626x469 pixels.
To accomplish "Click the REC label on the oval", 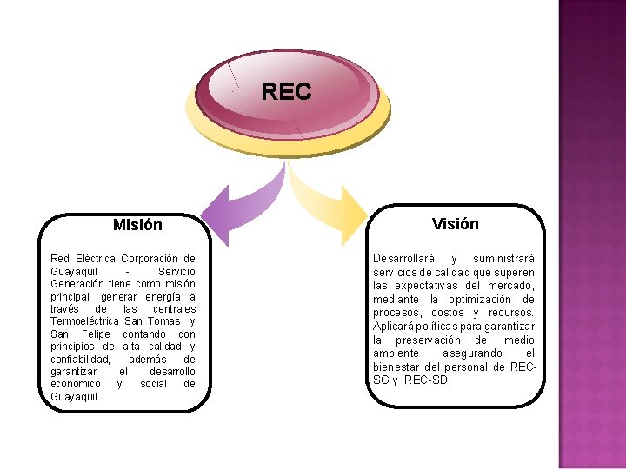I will [x=286, y=91].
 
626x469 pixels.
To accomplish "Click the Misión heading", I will [x=137, y=225].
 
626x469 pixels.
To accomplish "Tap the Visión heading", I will [x=455, y=224].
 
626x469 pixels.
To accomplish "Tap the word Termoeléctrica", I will [x=90, y=321].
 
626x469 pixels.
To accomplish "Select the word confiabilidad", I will [x=81, y=359].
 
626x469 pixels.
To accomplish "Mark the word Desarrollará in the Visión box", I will [x=403, y=259].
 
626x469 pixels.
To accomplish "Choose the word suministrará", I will [x=503, y=259].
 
